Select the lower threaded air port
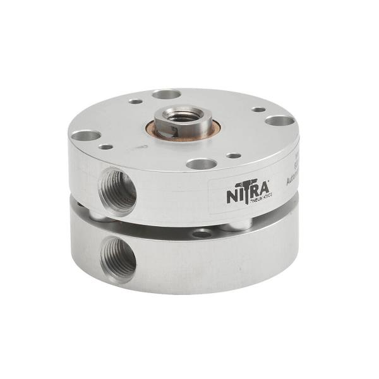[x=119, y=257]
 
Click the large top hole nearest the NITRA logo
[x=202, y=164]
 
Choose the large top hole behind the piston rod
[x=166, y=94]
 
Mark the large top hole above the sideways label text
[x=279, y=120]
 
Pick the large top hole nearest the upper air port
[x=86, y=135]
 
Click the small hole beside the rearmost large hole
[x=135, y=100]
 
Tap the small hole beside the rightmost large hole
[x=258, y=109]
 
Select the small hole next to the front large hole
[x=234, y=155]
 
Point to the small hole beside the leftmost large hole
[x=105, y=147]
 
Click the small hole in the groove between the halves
[x=202, y=233]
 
